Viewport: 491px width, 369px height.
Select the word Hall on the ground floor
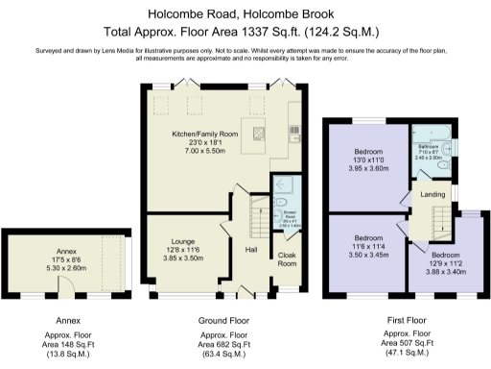click(251, 251)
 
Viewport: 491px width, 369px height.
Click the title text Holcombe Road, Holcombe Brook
click(245, 15)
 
